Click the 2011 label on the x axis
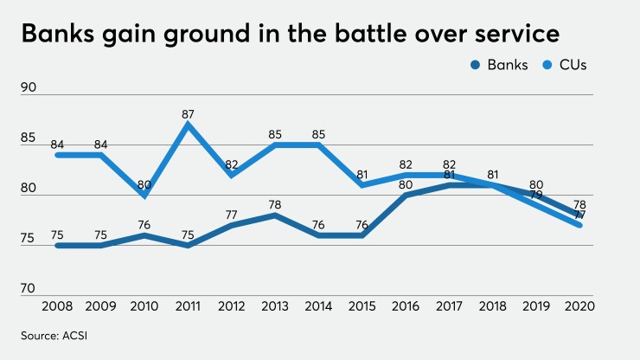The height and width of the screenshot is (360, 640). [x=187, y=308]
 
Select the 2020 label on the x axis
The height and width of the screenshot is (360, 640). [x=577, y=308]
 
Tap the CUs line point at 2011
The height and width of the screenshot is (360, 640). [x=187, y=124]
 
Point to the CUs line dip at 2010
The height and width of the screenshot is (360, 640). [x=144, y=196]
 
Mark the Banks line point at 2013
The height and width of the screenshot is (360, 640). [x=273, y=215]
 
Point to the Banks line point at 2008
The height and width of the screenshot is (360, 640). [x=57, y=245]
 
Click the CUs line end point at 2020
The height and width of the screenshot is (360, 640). [x=577, y=225]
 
